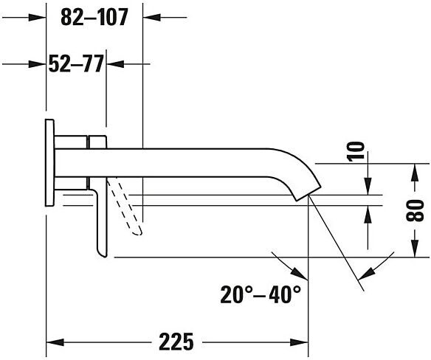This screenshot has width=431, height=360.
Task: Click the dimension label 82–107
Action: [94, 17]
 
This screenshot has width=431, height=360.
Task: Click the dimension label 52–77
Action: [76, 63]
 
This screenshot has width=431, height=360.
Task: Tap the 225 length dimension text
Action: [176, 342]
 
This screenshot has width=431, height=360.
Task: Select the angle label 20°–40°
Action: [261, 294]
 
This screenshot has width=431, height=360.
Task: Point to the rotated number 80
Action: [415, 210]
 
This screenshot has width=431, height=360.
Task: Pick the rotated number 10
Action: [356, 151]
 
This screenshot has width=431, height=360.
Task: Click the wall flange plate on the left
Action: [49, 163]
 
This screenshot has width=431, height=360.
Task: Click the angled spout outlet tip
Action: [308, 194]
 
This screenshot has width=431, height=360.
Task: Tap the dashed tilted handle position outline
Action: [125, 207]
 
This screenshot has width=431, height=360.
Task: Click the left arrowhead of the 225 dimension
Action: [55, 342]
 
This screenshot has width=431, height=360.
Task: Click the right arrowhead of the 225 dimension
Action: [300, 342]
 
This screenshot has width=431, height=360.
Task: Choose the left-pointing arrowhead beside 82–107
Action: [152, 17]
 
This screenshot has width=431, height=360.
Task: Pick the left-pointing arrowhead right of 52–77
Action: [115, 64]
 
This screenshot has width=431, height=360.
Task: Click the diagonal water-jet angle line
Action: [337, 243]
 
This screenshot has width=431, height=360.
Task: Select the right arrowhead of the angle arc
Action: [366, 273]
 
